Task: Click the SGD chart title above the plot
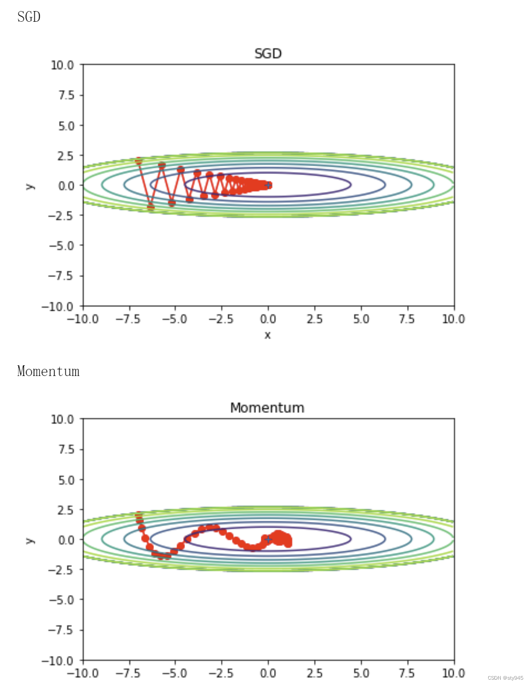268,54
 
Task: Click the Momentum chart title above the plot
267,408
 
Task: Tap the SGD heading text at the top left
29,17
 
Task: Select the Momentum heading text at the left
48,371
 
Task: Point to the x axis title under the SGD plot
267,335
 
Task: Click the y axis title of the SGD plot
30,186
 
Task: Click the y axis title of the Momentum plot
30,540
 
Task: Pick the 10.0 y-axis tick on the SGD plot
62,65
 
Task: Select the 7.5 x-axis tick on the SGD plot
406,319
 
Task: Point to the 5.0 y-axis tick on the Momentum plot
66,480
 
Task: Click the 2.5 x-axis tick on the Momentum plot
314,673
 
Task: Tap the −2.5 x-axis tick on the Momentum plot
220,673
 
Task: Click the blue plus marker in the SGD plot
268,185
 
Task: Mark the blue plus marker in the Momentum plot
268,539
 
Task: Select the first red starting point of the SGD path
139,161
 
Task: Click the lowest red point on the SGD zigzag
151,207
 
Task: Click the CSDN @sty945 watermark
505,678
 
